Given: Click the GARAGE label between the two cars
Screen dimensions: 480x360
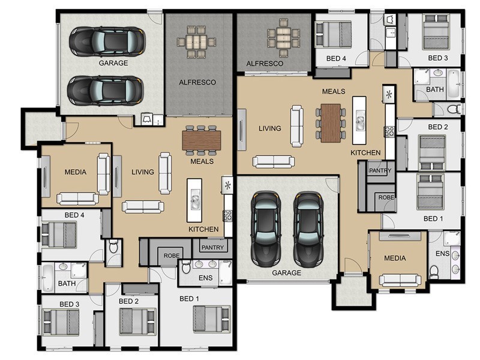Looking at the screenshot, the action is (x=113, y=63).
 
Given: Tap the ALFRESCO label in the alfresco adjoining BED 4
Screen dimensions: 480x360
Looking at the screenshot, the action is (x=265, y=64).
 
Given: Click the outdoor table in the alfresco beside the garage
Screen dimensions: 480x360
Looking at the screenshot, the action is (x=196, y=42).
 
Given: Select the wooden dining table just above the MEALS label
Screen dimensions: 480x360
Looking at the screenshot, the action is (x=202, y=140).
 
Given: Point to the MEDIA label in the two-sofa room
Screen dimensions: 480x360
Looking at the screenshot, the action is (x=76, y=172).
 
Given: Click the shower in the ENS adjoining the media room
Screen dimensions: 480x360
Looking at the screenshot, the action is (x=452, y=239).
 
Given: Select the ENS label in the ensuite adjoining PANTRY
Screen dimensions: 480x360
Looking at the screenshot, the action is (x=205, y=278).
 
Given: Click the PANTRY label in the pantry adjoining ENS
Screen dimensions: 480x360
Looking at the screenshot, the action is (x=212, y=247).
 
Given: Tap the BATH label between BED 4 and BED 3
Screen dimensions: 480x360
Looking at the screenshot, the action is (x=67, y=284).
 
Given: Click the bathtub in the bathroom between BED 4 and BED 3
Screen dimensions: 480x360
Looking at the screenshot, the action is (x=47, y=278).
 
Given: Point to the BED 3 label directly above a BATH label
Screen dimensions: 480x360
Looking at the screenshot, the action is (x=438, y=58).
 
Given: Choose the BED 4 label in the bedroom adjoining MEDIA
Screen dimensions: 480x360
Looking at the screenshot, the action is (x=74, y=215).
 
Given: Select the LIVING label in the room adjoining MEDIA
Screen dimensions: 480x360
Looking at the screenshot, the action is (x=143, y=172).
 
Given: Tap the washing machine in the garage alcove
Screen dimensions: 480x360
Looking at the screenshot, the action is (x=147, y=119).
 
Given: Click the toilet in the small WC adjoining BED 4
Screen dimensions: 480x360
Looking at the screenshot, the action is (x=113, y=247).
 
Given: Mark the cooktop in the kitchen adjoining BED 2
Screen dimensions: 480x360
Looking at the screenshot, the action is (x=389, y=131).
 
